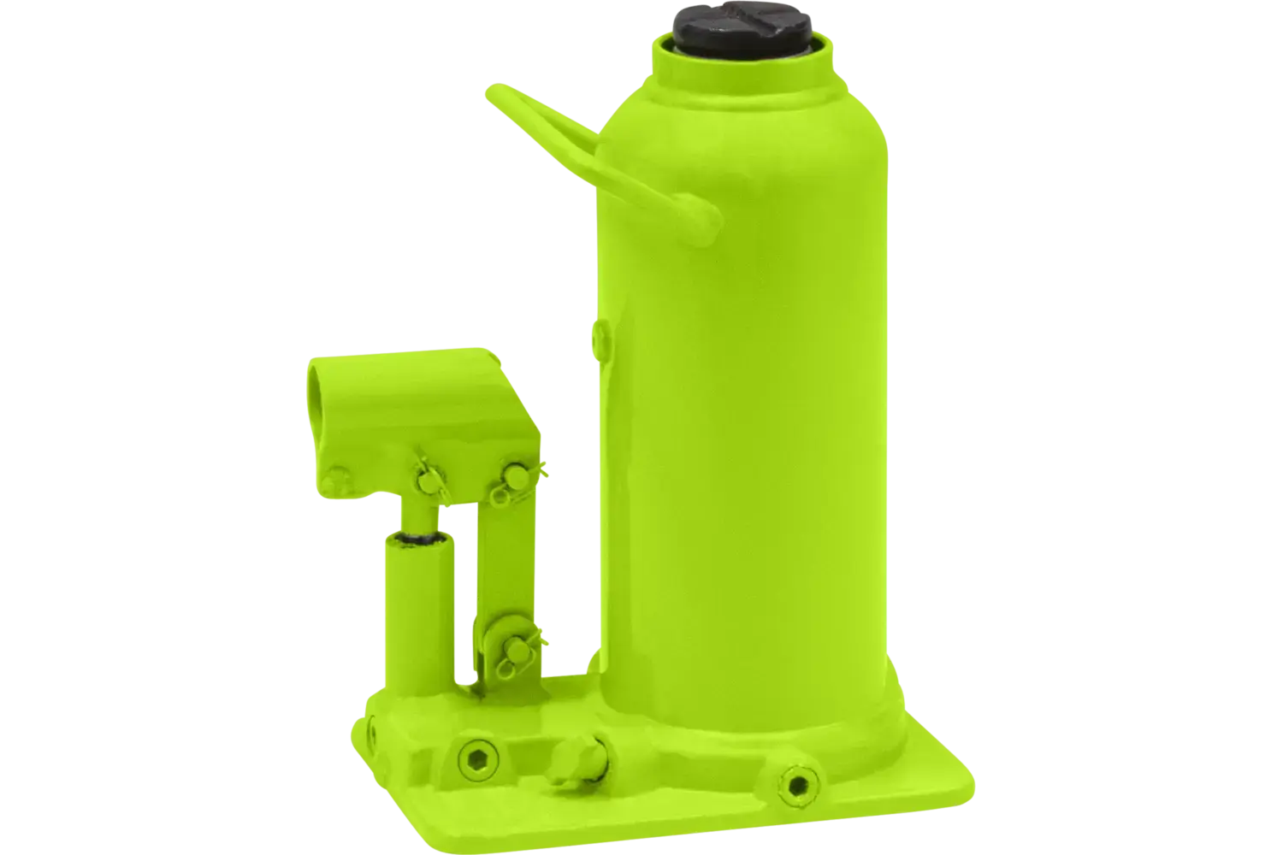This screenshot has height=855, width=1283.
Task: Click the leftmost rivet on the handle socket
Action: click(336, 475)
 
